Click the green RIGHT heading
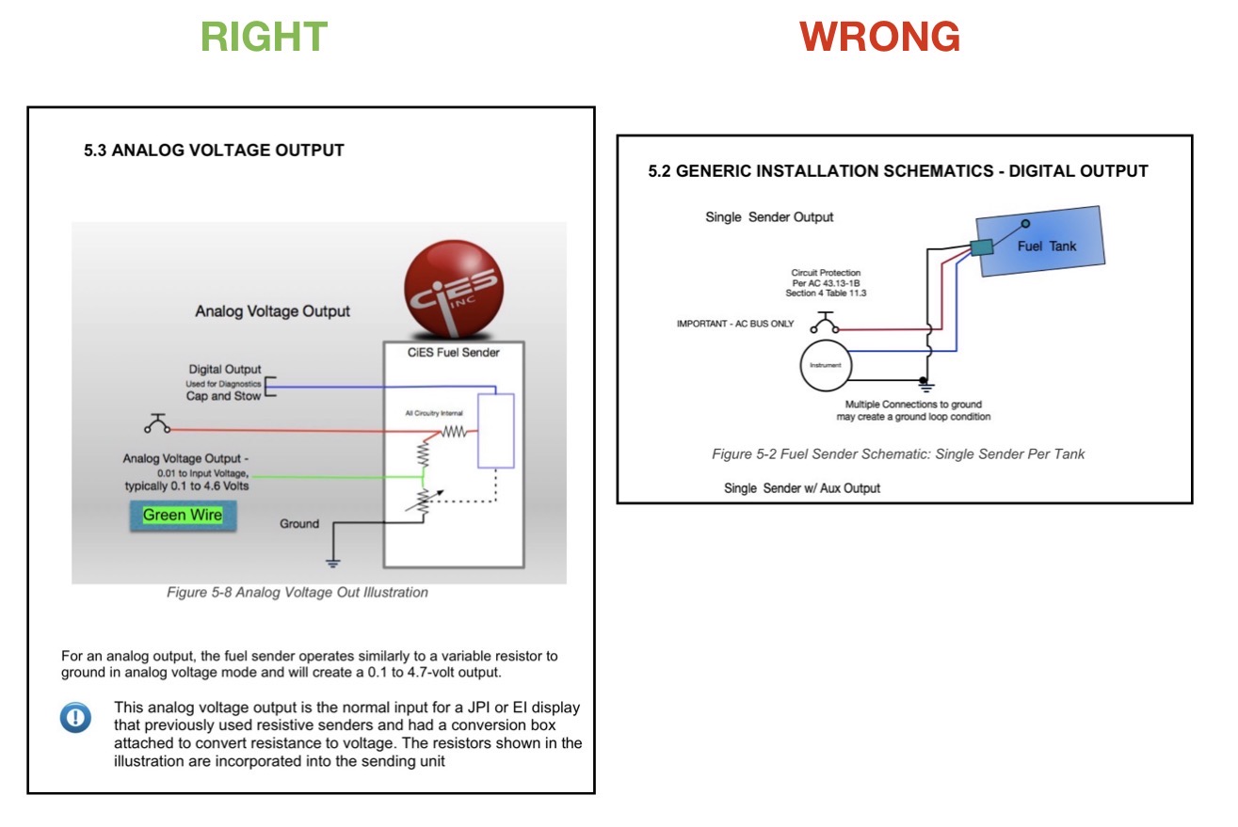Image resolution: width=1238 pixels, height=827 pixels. [264, 37]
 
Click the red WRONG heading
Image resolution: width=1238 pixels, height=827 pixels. [879, 37]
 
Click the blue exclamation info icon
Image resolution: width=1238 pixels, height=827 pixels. [75, 718]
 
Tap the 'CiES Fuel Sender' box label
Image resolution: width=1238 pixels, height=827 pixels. [454, 353]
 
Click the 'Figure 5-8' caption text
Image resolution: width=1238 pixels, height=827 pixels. [297, 593]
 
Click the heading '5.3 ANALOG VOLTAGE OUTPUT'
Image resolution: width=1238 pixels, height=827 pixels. [214, 151]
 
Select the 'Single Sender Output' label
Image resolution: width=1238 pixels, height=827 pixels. [769, 217]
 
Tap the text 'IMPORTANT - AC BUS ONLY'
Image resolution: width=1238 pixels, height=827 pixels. [735, 324]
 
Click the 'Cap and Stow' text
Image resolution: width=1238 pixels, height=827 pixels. [224, 396]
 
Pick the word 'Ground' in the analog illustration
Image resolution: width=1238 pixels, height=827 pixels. [299, 523]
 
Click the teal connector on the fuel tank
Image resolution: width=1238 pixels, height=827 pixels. [981, 247]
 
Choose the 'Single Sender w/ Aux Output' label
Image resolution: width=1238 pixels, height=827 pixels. [802, 487]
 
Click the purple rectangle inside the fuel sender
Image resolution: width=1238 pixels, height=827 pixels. [495, 431]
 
